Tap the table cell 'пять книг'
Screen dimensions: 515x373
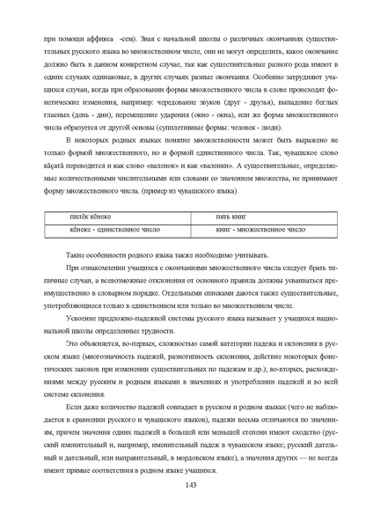(234, 216)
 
